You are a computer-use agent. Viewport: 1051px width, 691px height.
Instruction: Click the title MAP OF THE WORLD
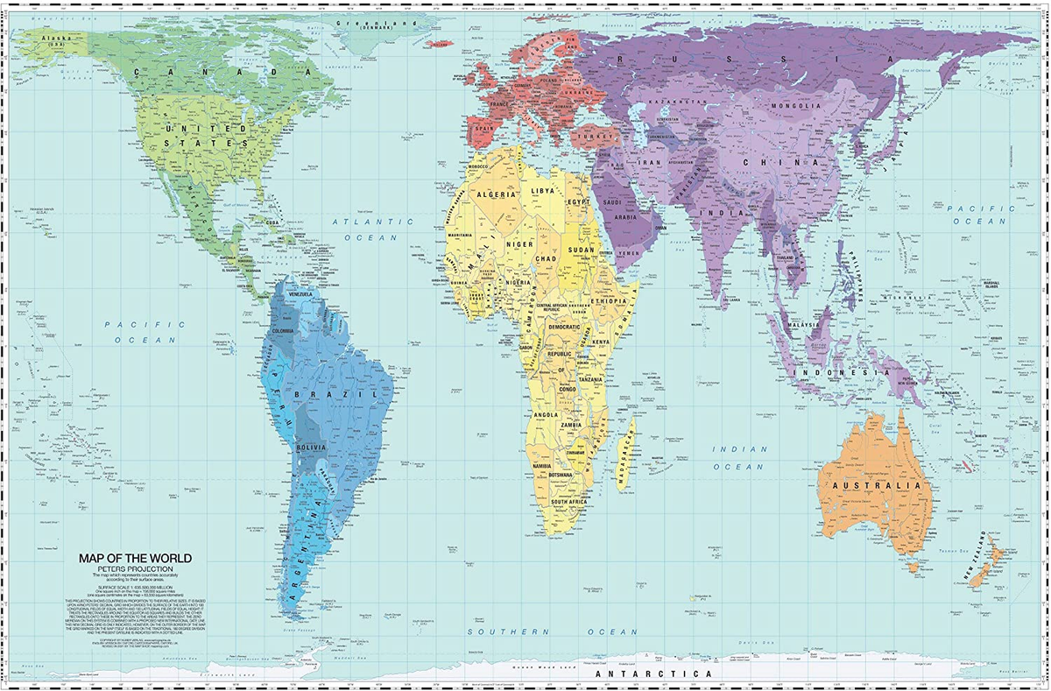(135, 558)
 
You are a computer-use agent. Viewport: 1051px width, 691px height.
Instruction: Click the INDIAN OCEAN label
(740, 458)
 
